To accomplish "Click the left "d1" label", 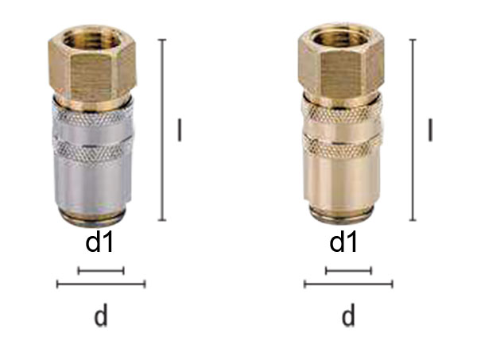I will tap(100, 242).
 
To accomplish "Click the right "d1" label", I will tap(344, 242).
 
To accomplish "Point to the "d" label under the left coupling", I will tap(100, 315).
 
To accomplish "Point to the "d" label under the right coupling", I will tap(348, 315).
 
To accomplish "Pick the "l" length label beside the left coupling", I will tap(179, 130).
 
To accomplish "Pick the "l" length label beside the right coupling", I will tap(430, 130).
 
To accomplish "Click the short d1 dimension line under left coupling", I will tap(101, 271).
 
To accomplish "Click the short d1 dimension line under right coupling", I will tap(348, 271).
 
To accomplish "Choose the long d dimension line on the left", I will tap(101, 284).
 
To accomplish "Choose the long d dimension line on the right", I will tap(348, 284).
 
